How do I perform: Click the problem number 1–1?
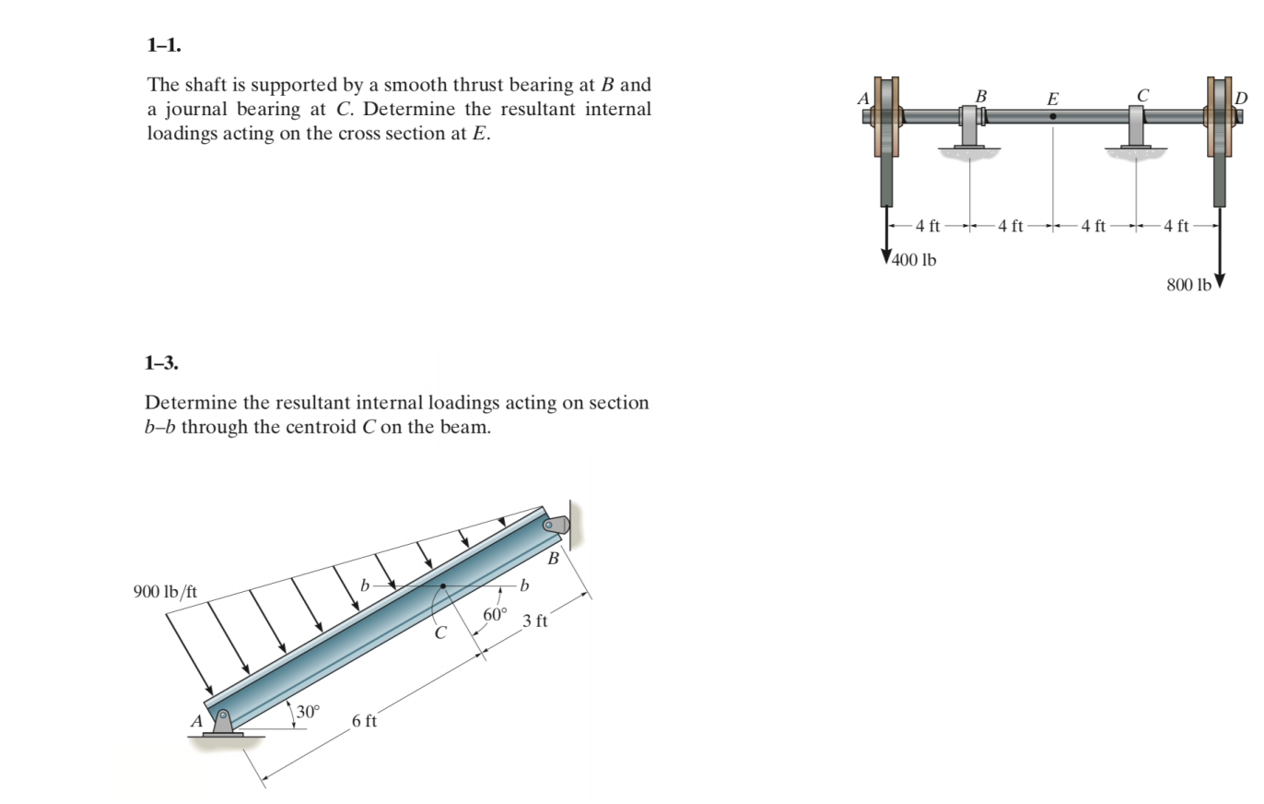[164, 45]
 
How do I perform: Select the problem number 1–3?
[161, 362]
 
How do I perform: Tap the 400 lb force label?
[914, 260]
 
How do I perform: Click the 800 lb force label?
[1189, 285]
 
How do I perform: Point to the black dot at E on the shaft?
[1053, 116]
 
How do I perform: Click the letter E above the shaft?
[1053, 100]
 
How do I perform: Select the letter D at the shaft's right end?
[1241, 99]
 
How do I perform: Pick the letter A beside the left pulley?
[863, 99]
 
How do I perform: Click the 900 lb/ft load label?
[165, 592]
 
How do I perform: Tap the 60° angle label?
[495, 614]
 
